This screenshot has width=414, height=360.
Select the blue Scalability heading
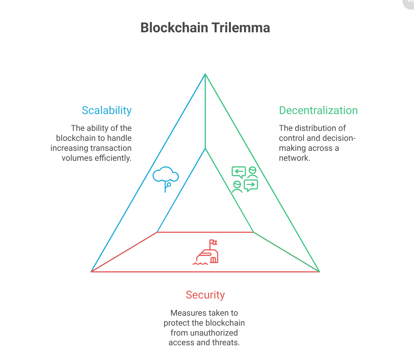tap(107, 110)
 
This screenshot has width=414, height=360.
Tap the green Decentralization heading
tap(318, 110)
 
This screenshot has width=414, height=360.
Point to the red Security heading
tap(205, 295)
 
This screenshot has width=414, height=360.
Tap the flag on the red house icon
tap(213, 242)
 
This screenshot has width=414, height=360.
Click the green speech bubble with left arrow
tap(239, 171)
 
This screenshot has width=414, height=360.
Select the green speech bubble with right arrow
tap(251, 185)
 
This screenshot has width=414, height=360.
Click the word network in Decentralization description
tap(294, 158)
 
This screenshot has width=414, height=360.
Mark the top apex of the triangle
tap(205, 74)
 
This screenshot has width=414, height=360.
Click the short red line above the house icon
tap(205, 232)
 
